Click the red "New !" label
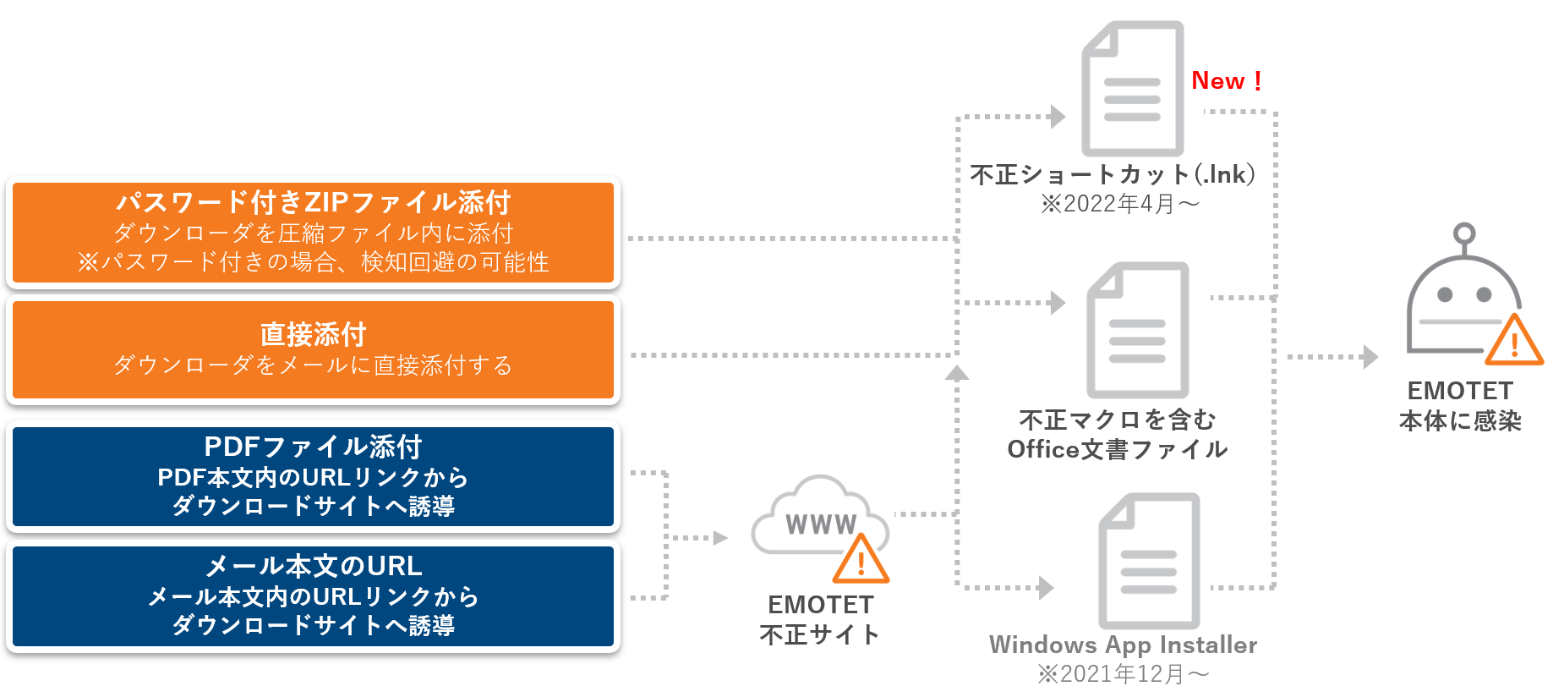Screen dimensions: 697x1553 click(x=1226, y=81)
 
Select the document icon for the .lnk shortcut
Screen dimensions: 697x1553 click(x=1132, y=89)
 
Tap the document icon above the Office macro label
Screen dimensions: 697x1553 click(x=1138, y=330)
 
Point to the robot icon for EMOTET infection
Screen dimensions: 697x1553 click(x=1463, y=296)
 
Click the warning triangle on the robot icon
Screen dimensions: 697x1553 click(x=1514, y=341)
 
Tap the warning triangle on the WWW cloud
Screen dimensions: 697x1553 click(x=861, y=560)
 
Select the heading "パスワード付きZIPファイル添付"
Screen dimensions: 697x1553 click(x=313, y=202)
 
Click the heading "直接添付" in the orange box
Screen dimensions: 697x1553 click(x=313, y=334)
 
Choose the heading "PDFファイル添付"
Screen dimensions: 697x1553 click(x=313, y=446)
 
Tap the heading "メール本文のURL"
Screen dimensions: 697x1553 click(x=313, y=565)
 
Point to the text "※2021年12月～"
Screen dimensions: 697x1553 click(x=1123, y=674)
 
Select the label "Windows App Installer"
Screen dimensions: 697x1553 click(x=1123, y=645)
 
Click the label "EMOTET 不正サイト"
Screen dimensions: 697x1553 click(x=820, y=619)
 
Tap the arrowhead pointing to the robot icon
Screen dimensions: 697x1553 click(x=1370, y=357)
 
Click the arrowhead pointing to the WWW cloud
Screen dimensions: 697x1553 click(x=720, y=538)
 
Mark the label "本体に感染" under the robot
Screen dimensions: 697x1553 click(x=1460, y=420)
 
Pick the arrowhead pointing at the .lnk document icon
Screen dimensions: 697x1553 click(x=1058, y=117)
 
